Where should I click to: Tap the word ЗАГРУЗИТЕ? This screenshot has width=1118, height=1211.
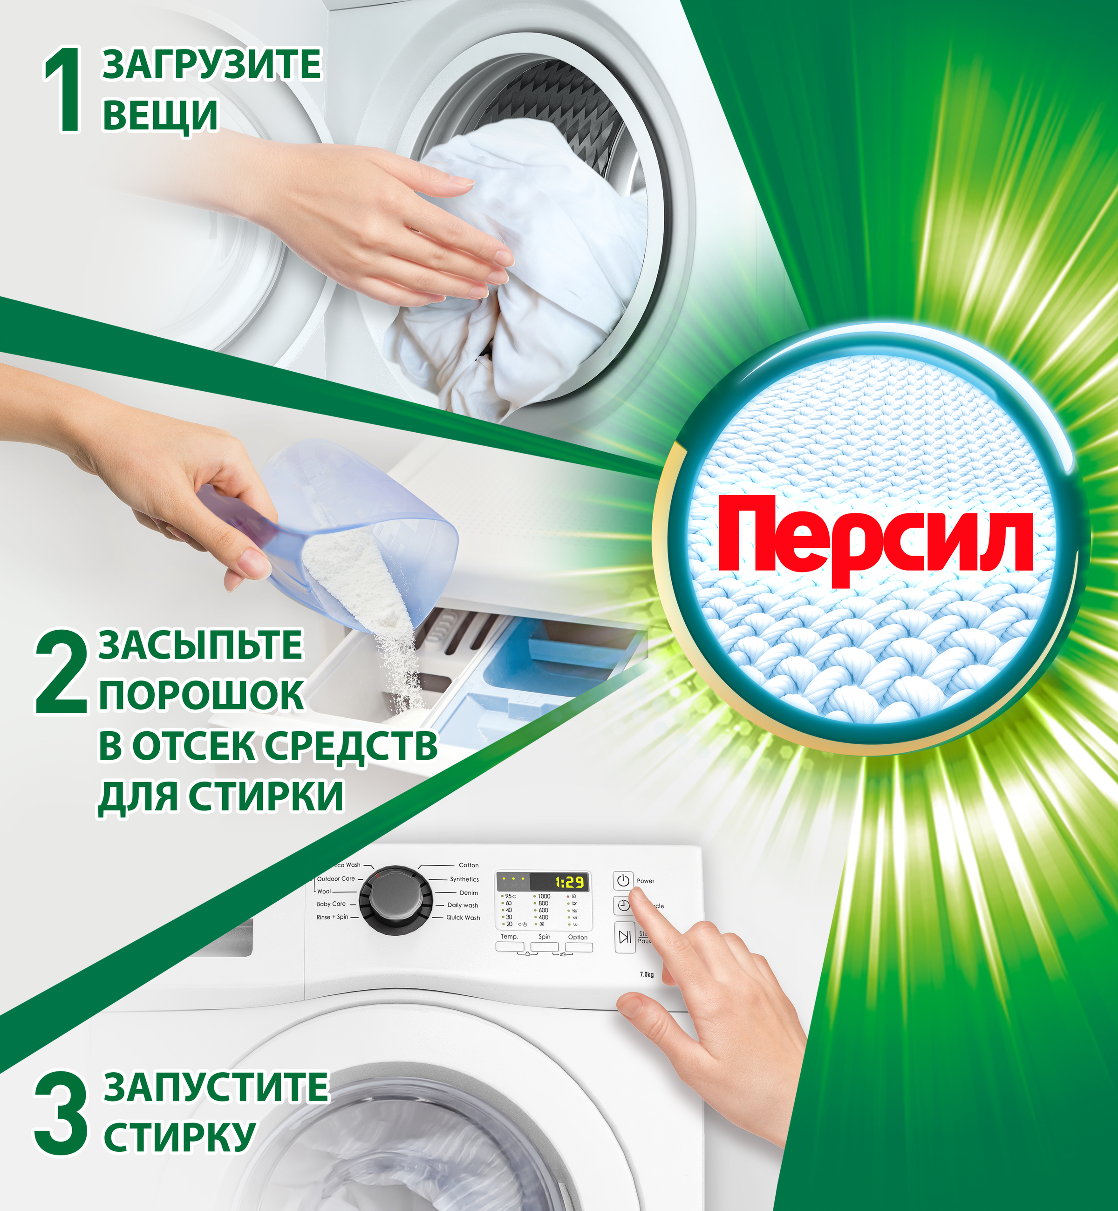212,65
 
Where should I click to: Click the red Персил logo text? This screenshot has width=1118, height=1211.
875,540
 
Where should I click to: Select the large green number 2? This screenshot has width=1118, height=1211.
61,672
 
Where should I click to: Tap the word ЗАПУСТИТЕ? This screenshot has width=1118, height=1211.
216,1087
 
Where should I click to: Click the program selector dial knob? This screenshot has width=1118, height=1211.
395,898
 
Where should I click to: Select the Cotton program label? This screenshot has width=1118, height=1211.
468,865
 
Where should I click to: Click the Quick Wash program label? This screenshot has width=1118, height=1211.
463,918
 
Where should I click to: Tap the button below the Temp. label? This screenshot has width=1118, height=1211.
510,946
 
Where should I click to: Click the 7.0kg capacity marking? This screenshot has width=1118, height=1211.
647,974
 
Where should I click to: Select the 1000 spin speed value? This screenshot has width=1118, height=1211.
544,896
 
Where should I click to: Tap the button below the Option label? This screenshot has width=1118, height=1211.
579,947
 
